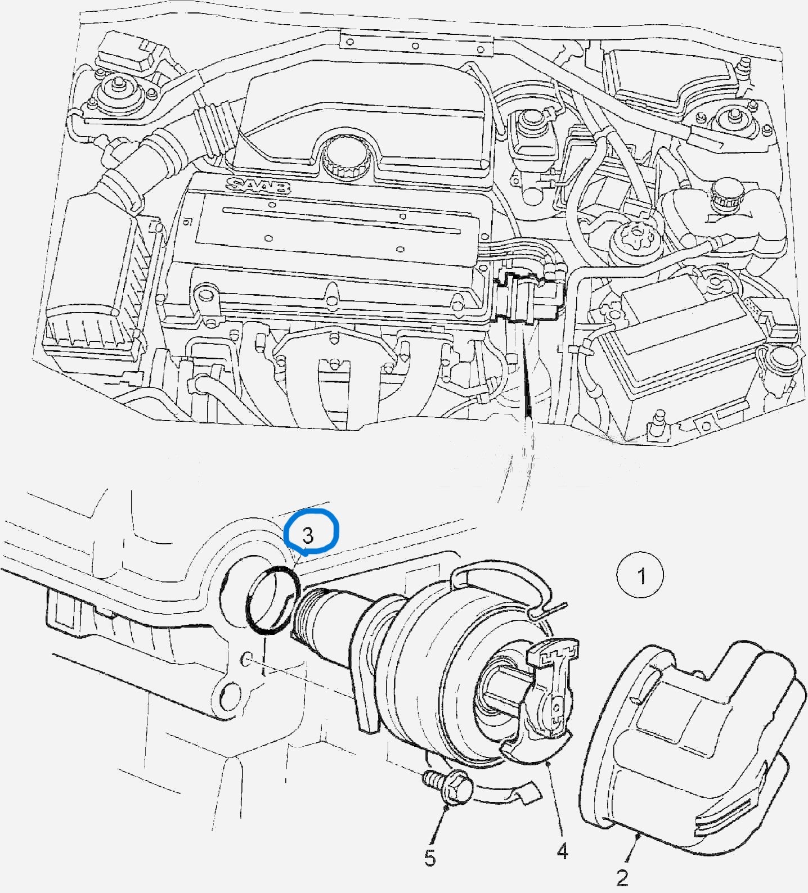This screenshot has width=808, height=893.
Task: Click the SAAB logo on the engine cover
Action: [x=259, y=185]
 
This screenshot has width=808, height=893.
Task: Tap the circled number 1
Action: [x=641, y=576]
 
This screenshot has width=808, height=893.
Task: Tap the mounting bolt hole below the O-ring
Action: [x=247, y=659]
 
